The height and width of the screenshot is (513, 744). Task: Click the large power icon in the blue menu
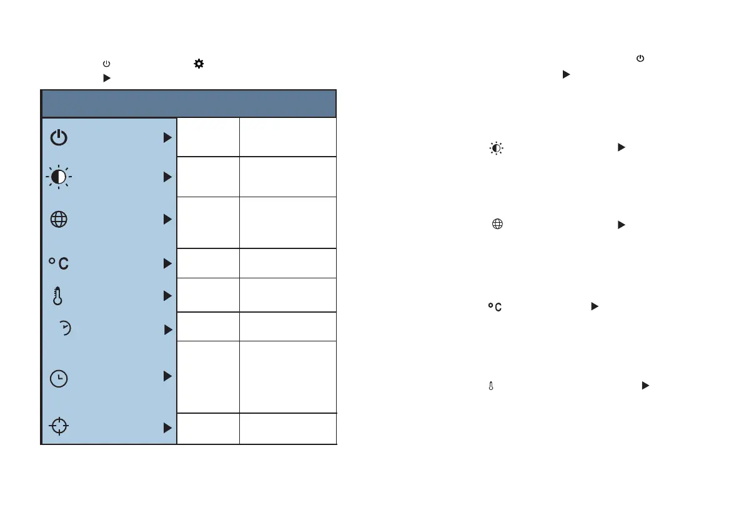[x=59, y=138]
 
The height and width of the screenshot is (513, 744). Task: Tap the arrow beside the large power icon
[x=167, y=138]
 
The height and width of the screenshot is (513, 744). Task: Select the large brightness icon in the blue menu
[x=59, y=178]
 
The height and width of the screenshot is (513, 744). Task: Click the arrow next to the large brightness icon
[x=167, y=178]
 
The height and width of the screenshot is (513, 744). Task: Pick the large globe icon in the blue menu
[x=59, y=220]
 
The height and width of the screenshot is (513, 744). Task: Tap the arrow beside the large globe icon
[x=167, y=220]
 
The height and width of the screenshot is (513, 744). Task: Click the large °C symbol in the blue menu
[x=59, y=264]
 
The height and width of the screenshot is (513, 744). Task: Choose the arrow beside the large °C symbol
[x=167, y=264]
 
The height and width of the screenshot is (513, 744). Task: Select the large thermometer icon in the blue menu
[x=58, y=296]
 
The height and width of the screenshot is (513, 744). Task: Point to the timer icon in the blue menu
[x=64, y=330]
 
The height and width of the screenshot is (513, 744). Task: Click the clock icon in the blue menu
[x=59, y=379]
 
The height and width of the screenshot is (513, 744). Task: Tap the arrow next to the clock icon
[x=167, y=376]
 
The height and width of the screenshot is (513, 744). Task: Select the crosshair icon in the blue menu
[x=59, y=426]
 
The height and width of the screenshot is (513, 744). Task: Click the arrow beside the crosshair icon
[x=167, y=428]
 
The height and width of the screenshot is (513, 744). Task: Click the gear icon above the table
[x=199, y=64]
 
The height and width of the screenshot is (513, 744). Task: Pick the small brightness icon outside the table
[x=496, y=149]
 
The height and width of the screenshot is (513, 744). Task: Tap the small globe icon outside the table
[x=497, y=225]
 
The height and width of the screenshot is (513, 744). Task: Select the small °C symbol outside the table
[x=495, y=307]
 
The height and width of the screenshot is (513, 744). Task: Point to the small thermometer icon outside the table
[x=491, y=387]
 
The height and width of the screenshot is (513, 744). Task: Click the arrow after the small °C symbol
[x=595, y=306]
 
